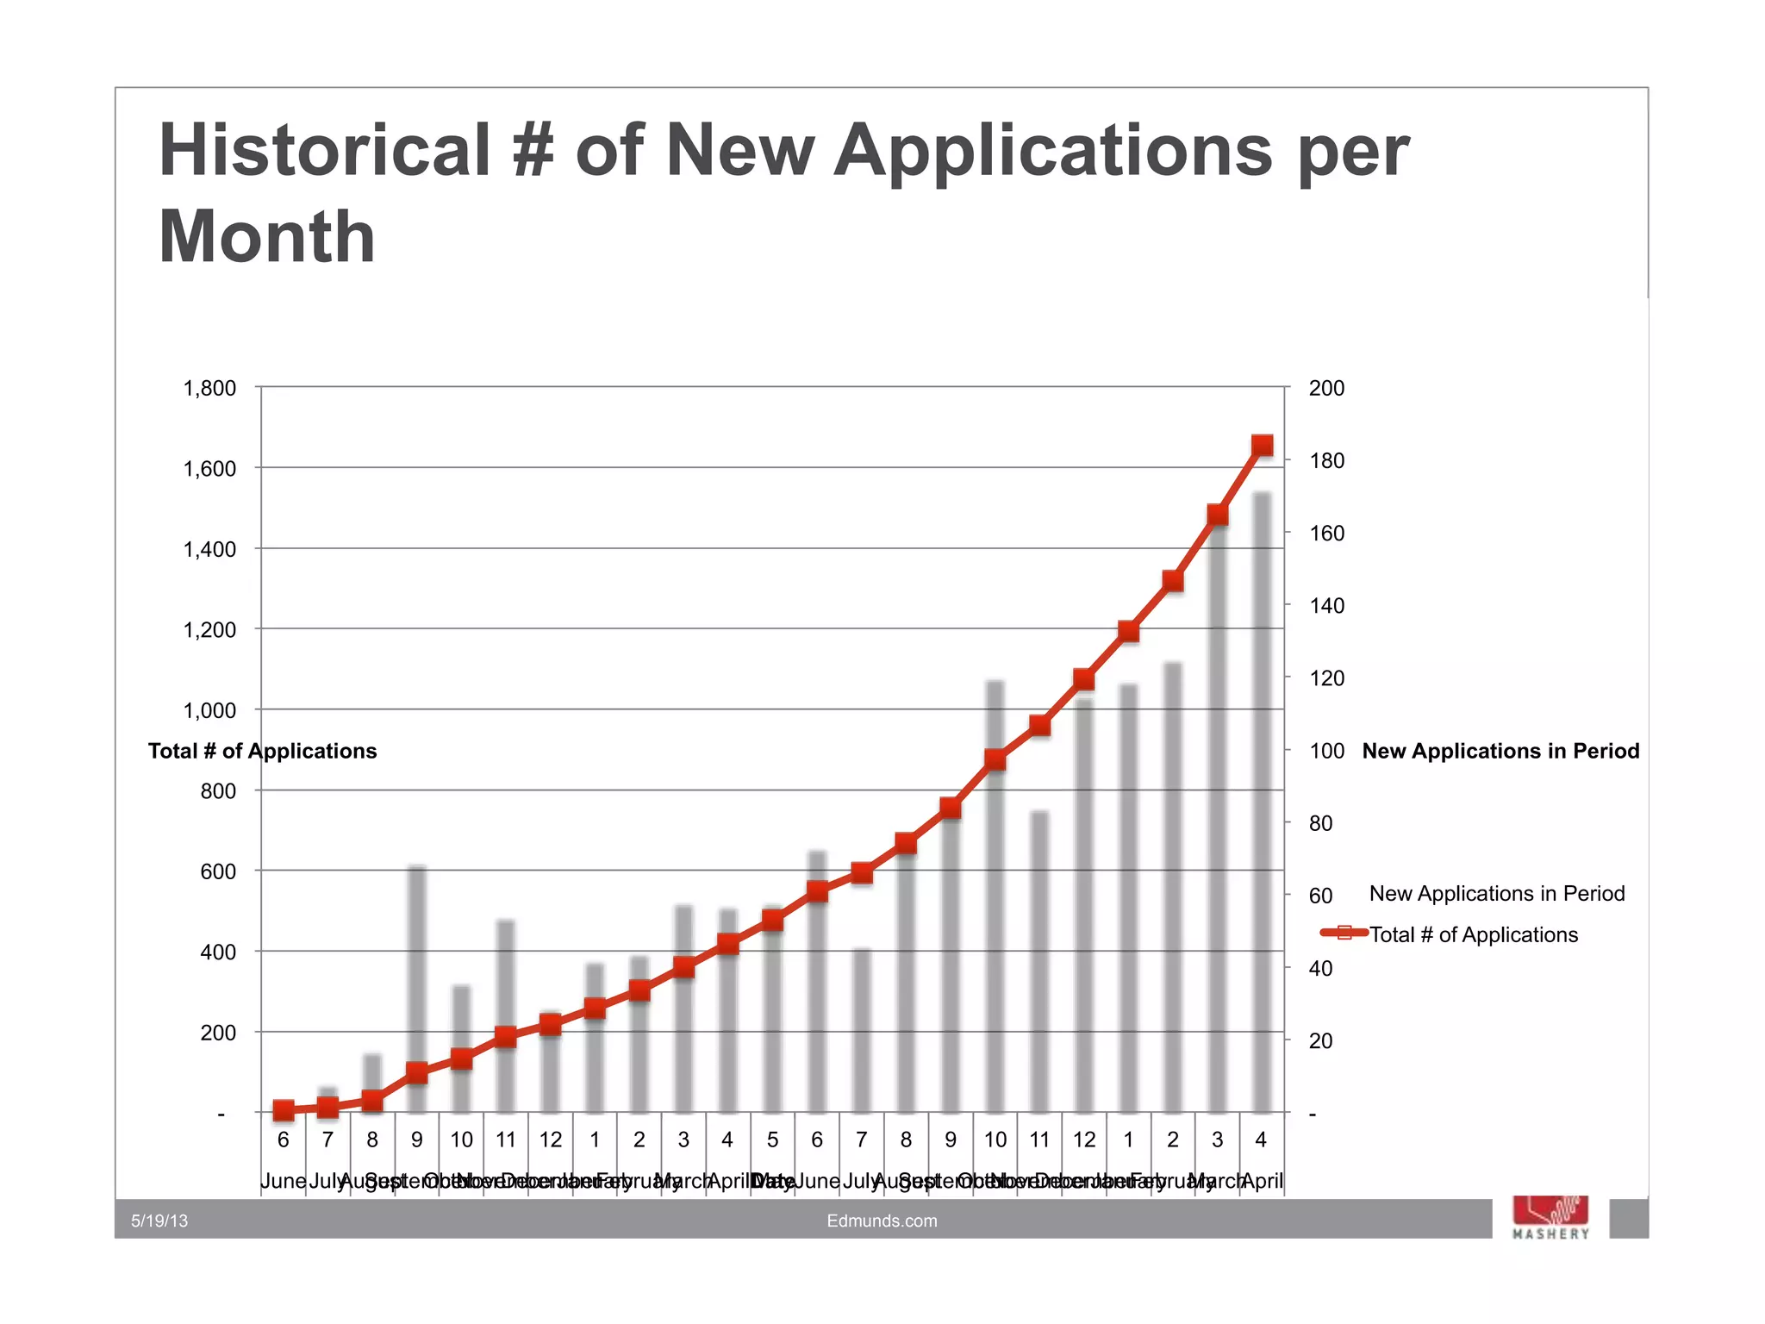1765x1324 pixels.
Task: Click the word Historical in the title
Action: click(324, 150)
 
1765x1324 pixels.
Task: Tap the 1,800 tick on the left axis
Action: click(209, 389)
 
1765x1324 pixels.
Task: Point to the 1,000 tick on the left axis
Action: click(209, 711)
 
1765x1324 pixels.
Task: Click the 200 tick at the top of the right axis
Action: click(1326, 389)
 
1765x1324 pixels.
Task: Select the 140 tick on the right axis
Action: click(1326, 606)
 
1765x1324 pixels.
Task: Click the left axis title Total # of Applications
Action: click(262, 751)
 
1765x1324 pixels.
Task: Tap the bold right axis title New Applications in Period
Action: click(1500, 751)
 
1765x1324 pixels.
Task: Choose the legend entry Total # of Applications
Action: click(1473, 934)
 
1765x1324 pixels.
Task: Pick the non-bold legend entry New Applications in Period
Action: click(1496, 894)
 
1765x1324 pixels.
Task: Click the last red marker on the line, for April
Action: click(1262, 446)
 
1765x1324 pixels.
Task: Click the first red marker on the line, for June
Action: click(284, 1110)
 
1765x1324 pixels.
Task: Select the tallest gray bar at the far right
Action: click(1262, 802)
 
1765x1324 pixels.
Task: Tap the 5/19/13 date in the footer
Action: click(159, 1221)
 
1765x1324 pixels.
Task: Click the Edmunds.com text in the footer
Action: click(882, 1221)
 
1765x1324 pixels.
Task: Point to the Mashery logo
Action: click(1550, 1217)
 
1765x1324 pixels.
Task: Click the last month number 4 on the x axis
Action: click(1261, 1140)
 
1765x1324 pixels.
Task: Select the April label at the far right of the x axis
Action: click(1263, 1181)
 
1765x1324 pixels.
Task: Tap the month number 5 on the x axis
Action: click(772, 1140)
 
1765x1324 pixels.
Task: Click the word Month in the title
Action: click(267, 237)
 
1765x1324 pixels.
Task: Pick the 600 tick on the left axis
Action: click(218, 872)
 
